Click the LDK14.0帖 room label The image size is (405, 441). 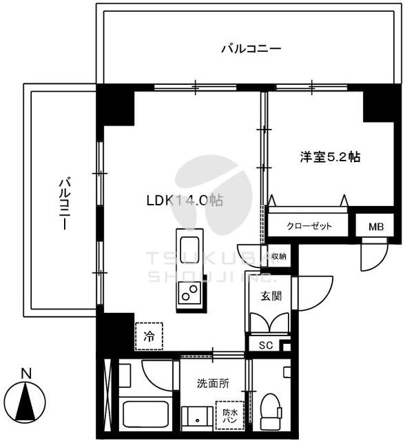pos(185,201)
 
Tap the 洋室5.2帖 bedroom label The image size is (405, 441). pos(330,157)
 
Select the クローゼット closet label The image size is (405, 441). pos(309,226)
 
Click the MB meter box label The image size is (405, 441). pos(376,227)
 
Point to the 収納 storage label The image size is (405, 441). pos(279,256)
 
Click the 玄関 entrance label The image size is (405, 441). pos(271,296)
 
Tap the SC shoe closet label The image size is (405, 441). pos(266,345)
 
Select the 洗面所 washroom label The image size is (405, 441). pos(213,384)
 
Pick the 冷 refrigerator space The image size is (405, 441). pos(149,336)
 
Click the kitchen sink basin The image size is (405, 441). pos(189,246)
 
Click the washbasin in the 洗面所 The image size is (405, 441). pos(197,418)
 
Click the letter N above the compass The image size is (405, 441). pos(26,373)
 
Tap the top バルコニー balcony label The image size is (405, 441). pos(251,49)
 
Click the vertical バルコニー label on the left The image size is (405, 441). pos(65,203)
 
